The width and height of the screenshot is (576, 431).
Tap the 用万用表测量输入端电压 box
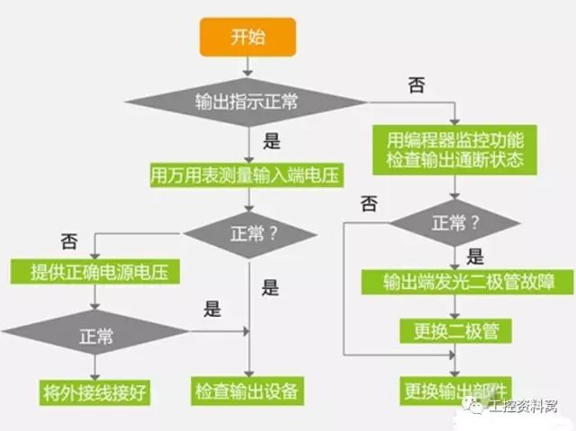click(x=245, y=175)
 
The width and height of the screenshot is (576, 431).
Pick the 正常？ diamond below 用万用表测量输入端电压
click(x=249, y=235)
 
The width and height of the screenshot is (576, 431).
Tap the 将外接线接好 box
click(x=94, y=392)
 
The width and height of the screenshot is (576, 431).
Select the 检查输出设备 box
click(x=245, y=392)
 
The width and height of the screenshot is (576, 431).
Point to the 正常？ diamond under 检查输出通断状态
click(x=457, y=223)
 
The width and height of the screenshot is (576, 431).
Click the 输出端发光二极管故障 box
click(x=467, y=282)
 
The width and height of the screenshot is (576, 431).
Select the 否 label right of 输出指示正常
click(x=416, y=86)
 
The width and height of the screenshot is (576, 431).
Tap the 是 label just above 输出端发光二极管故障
click(x=476, y=256)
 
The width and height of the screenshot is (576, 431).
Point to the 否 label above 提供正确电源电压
click(x=69, y=241)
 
